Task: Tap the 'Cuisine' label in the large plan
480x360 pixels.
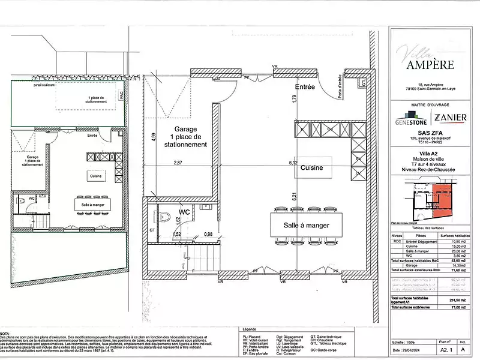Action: point(312,169)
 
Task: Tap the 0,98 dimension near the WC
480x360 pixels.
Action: point(208,234)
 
